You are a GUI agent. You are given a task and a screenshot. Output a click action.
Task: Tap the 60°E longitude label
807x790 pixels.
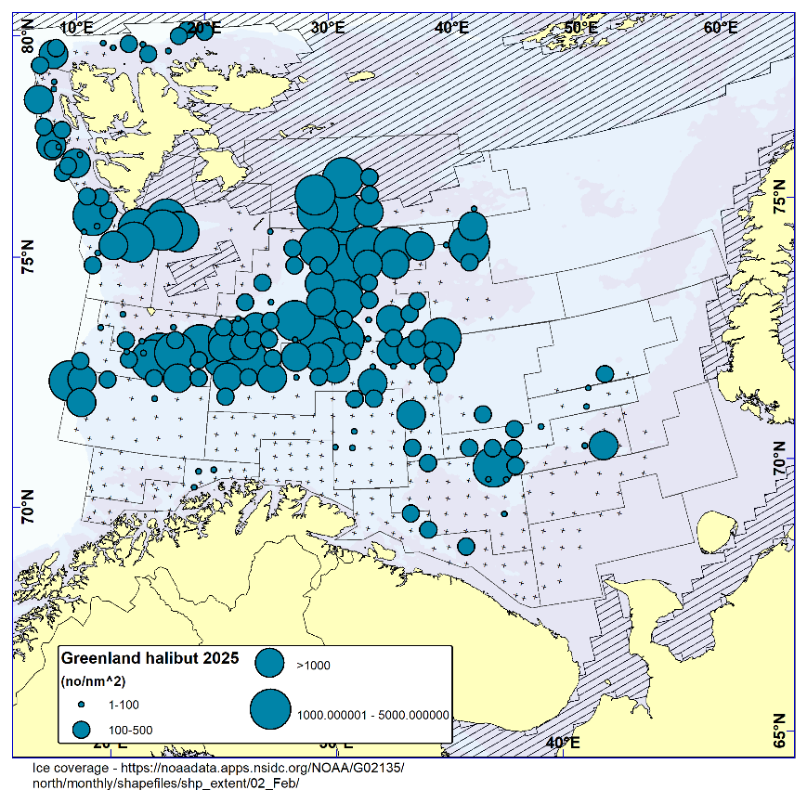pyautogui.click(x=720, y=27)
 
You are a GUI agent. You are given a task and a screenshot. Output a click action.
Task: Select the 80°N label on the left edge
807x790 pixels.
pyautogui.click(x=27, y=36)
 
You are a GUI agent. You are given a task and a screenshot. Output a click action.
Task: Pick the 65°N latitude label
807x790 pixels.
pyautogui.click(x=781, y=731)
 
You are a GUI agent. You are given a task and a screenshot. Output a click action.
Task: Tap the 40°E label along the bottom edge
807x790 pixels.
pyautogui.click(x=563, y=743)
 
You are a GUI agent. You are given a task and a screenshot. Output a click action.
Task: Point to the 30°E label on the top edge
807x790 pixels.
pyautogui.click(x=328, y=27)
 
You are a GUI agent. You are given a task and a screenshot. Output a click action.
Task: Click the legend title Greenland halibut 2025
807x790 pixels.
pyautogui.click(x=150, y=658)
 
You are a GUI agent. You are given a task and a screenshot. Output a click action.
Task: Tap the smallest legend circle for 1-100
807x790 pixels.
pyautogui.click(x=81, y=706)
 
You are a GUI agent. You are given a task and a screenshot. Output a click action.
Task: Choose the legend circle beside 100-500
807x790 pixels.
pyautogui.click(x=82, y=729)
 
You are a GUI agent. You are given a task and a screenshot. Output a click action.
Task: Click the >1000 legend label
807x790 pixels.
pyautogui.click(x=313, y=665)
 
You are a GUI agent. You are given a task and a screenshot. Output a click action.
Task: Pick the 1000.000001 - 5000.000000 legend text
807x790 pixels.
pyautogui.click(x=372, y=715)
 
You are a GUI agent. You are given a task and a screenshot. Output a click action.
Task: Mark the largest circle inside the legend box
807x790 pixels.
pyautogui.click(x=269, y=710)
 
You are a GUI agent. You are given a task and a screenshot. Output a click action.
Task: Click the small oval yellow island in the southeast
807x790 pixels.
pyautogui.click(x=711, y=532)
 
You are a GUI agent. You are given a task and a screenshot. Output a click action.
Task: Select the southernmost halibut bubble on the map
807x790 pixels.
pyautogui.click(x=466, y=546)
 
